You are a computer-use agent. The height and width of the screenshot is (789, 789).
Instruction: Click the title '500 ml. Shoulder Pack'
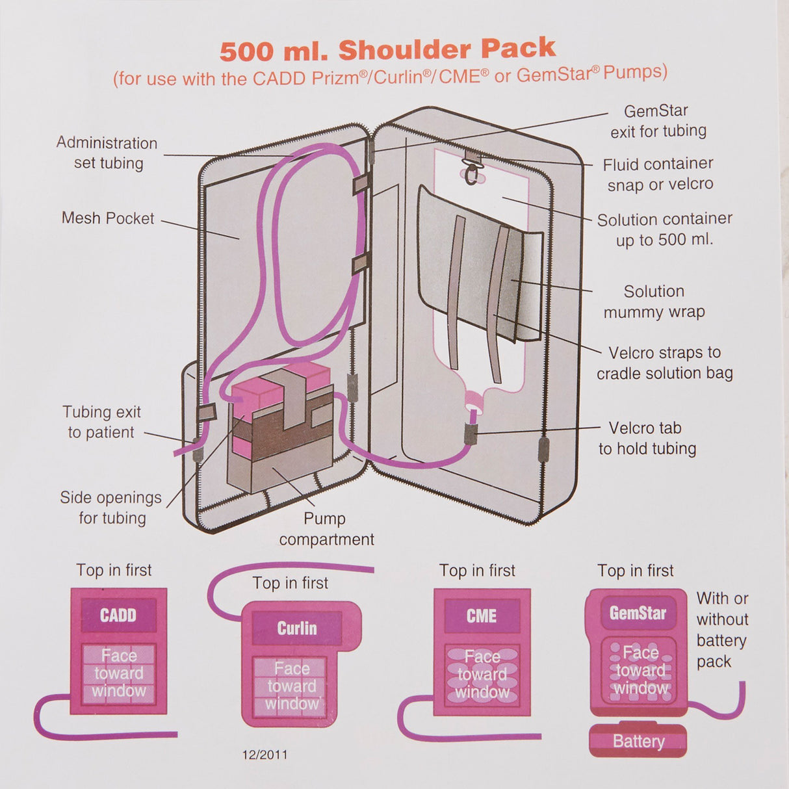pyautogui.click(x=388, y=49)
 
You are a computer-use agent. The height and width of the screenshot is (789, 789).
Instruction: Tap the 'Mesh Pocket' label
pyautogui.click(x=108, y=218)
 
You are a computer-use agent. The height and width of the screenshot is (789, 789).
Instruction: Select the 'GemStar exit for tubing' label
pyautogui.click(x=658, y=121)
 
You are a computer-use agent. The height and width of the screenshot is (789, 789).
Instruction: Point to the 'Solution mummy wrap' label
pyautogui.click(x=654, y=302)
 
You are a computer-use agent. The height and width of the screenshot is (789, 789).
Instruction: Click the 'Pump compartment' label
pyautogui.click(x=326, y=529)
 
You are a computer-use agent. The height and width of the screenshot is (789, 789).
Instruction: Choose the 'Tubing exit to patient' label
pyautogui.click(x=101, y=422)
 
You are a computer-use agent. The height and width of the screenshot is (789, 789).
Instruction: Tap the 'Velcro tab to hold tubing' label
pyautogui.click(x=647, y=438)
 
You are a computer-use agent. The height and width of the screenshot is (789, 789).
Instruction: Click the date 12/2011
pyautogui.click(x=265, y=755)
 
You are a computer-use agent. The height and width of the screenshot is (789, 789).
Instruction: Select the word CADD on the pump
pyautogui.click(x=118, y=615)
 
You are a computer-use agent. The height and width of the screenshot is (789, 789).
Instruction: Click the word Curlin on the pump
pyautogui.click(x=297, y=628)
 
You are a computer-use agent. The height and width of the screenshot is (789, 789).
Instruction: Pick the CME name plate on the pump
pyautogui.click(x=482, y=615)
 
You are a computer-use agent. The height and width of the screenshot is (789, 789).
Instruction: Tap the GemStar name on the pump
pyautogui.click(x=638, y=613)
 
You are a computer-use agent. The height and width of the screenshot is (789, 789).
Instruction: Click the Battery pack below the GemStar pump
pyautogui.click(x=638, y=741)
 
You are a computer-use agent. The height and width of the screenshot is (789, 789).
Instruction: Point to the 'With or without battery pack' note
pyautogui.click(x=721, y=630)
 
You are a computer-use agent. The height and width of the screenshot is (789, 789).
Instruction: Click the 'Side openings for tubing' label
pyautogui.click(x=111, y=508)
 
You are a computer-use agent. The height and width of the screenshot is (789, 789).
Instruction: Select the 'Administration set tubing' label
pyautogui.click(x=107, y=153)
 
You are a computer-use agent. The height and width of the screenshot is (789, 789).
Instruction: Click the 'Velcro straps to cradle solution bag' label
pyautogui.click(x=664, y=363)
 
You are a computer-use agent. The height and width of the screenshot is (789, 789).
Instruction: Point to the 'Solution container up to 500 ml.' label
pyautogui.click(x=664, y=229)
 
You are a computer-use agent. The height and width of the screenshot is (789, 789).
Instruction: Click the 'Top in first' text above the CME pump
pyautogui.click(x=477, y=571)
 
